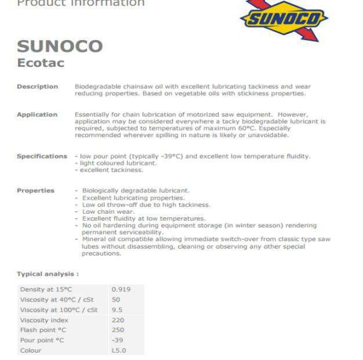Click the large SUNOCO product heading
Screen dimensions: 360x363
click(x=60, y=46)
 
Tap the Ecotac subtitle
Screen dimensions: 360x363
click(x=41, y=63)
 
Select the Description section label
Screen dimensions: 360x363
click(x=37, y=87)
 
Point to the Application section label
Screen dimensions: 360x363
click(x=37, y=114)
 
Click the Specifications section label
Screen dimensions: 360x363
click(x=42, y=156)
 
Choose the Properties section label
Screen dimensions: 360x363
click(x=35, y=190)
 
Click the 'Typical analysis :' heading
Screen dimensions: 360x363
click(x=48, y=274)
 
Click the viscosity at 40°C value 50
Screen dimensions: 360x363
click(x=116, y=300)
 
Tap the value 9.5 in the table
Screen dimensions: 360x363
click(x=118, y=310)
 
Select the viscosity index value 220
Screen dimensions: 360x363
click(x=118, y=320)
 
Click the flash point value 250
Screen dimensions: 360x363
click(x=118, y=330)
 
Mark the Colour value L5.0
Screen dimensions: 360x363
click(x=119, y=351)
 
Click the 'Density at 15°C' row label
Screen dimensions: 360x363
click(x=46, y=289)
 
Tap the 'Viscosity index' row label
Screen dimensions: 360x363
click(x=44, y=320)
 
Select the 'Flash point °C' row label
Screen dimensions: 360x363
click(x=43, y=330)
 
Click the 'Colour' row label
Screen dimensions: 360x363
click(x=31, y=351)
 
